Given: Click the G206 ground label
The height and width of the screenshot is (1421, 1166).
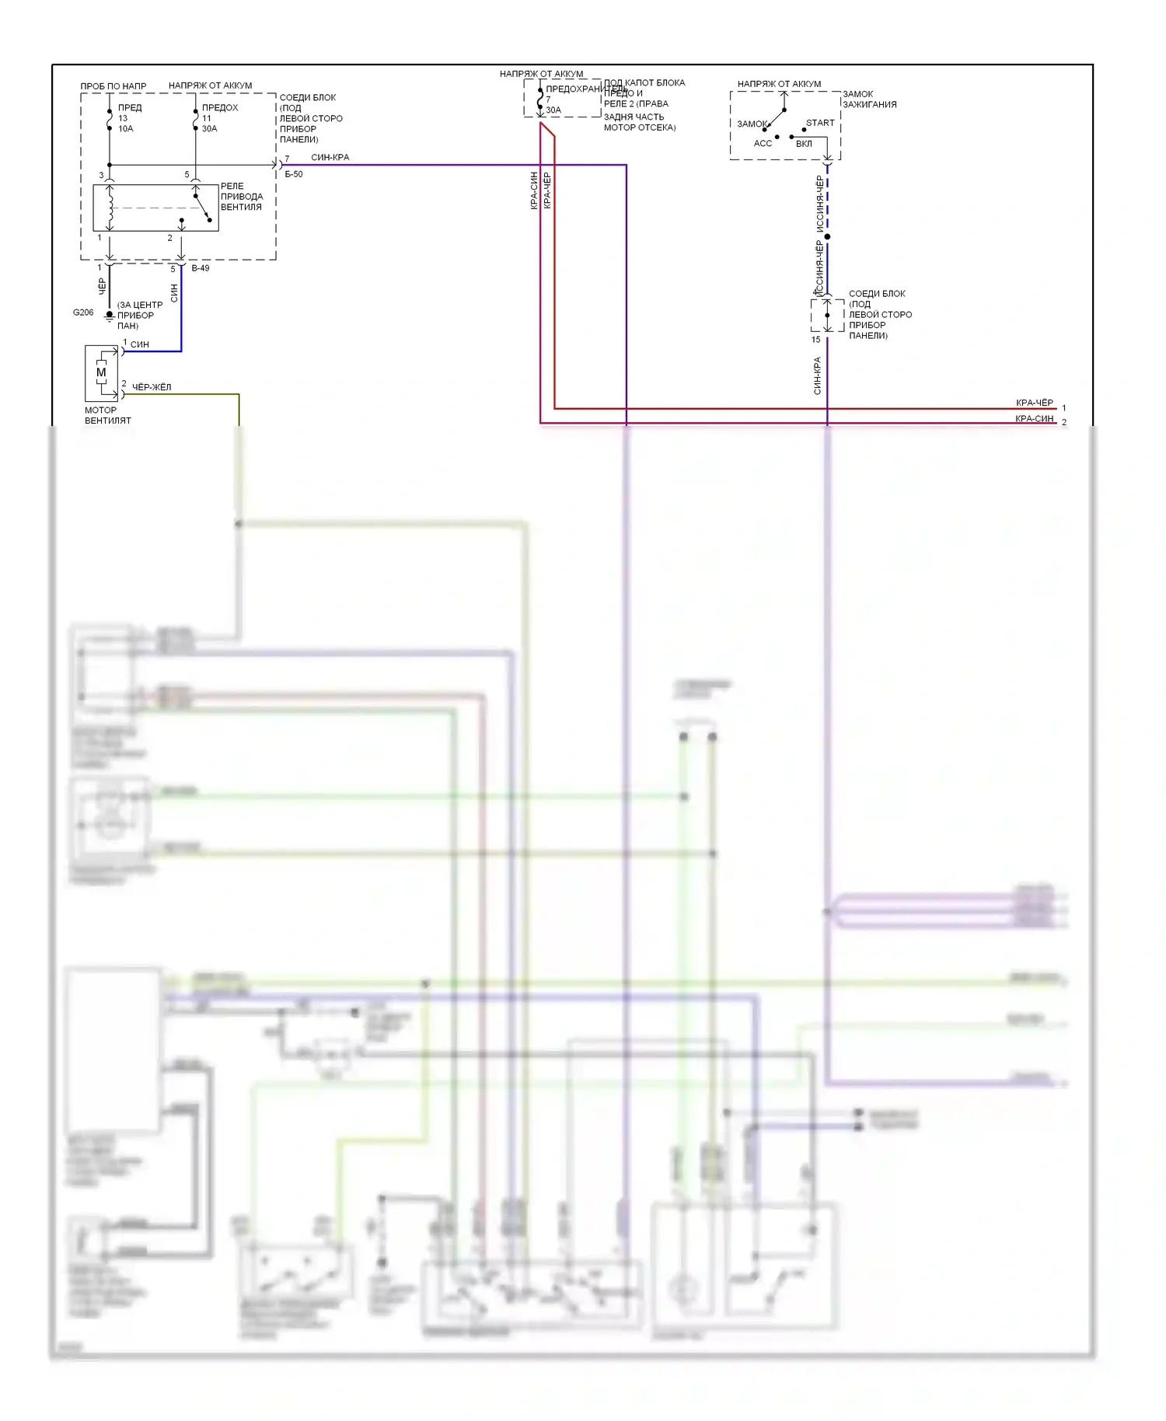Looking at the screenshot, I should click(x=82, y=312).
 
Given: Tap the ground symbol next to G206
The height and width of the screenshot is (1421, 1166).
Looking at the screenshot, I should click(x=110, y=316).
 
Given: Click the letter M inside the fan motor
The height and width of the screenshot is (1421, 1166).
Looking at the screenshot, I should click(x=101, y=372).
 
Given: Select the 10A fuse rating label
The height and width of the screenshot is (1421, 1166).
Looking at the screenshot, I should click(x=126, y=129).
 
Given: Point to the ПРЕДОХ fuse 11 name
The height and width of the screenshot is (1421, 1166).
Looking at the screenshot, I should click(x=220, y=108).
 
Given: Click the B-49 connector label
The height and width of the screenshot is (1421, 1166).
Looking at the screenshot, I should click(x=200, y=268).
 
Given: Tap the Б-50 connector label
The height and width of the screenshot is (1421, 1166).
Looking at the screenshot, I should click(x=294, y=174).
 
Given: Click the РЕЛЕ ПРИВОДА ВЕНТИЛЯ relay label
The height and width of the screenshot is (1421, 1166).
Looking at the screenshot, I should click(x=241, y=197).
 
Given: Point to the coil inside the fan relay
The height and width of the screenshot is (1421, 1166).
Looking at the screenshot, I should click(x=110, y=208).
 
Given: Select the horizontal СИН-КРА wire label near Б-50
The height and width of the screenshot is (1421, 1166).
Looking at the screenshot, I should click(x=330, y=158).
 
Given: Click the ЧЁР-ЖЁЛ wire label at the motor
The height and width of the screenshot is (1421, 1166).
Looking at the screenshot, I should click(x=152, y=387).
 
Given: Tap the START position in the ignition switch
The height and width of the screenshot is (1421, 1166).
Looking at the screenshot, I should click(x=820, y=123).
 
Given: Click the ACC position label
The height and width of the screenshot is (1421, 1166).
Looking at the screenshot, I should click(x=763, y=144).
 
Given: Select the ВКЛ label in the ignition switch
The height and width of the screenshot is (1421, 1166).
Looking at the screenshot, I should click(x=804, y=144).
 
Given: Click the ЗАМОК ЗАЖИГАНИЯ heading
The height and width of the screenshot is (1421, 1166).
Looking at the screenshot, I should click(x=869, y=100).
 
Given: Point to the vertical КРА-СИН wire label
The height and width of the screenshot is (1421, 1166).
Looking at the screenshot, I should click(x=534, y=190).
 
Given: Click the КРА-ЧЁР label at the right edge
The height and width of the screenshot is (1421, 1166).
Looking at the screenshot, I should click(x=1034, y=403).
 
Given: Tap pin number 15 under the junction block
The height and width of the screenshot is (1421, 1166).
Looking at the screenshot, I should click(x=815, y=340).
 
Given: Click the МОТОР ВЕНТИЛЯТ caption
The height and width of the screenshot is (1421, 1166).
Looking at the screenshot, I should click(x=107, y=415).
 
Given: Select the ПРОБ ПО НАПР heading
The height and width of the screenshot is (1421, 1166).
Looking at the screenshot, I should click(x=113, y=86).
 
